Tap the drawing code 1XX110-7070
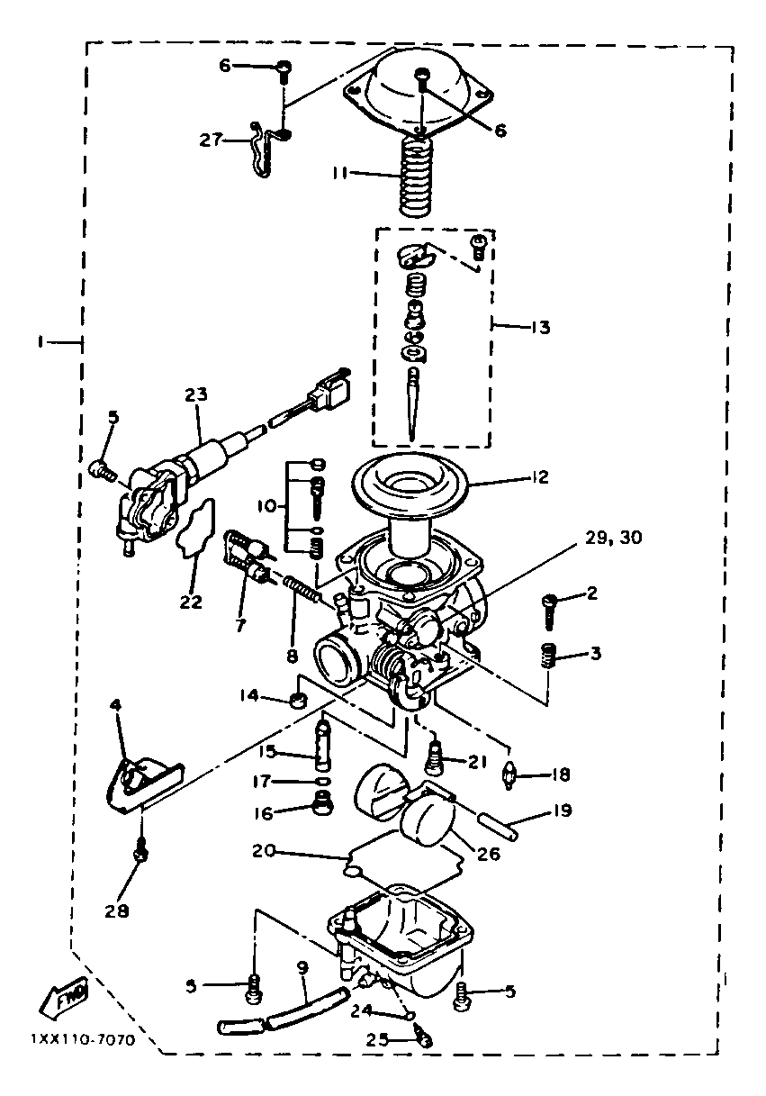(82, 1039)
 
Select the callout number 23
(196, 394)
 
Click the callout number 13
(541, 327)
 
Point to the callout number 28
(116, 910)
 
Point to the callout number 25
(378, 1039)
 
